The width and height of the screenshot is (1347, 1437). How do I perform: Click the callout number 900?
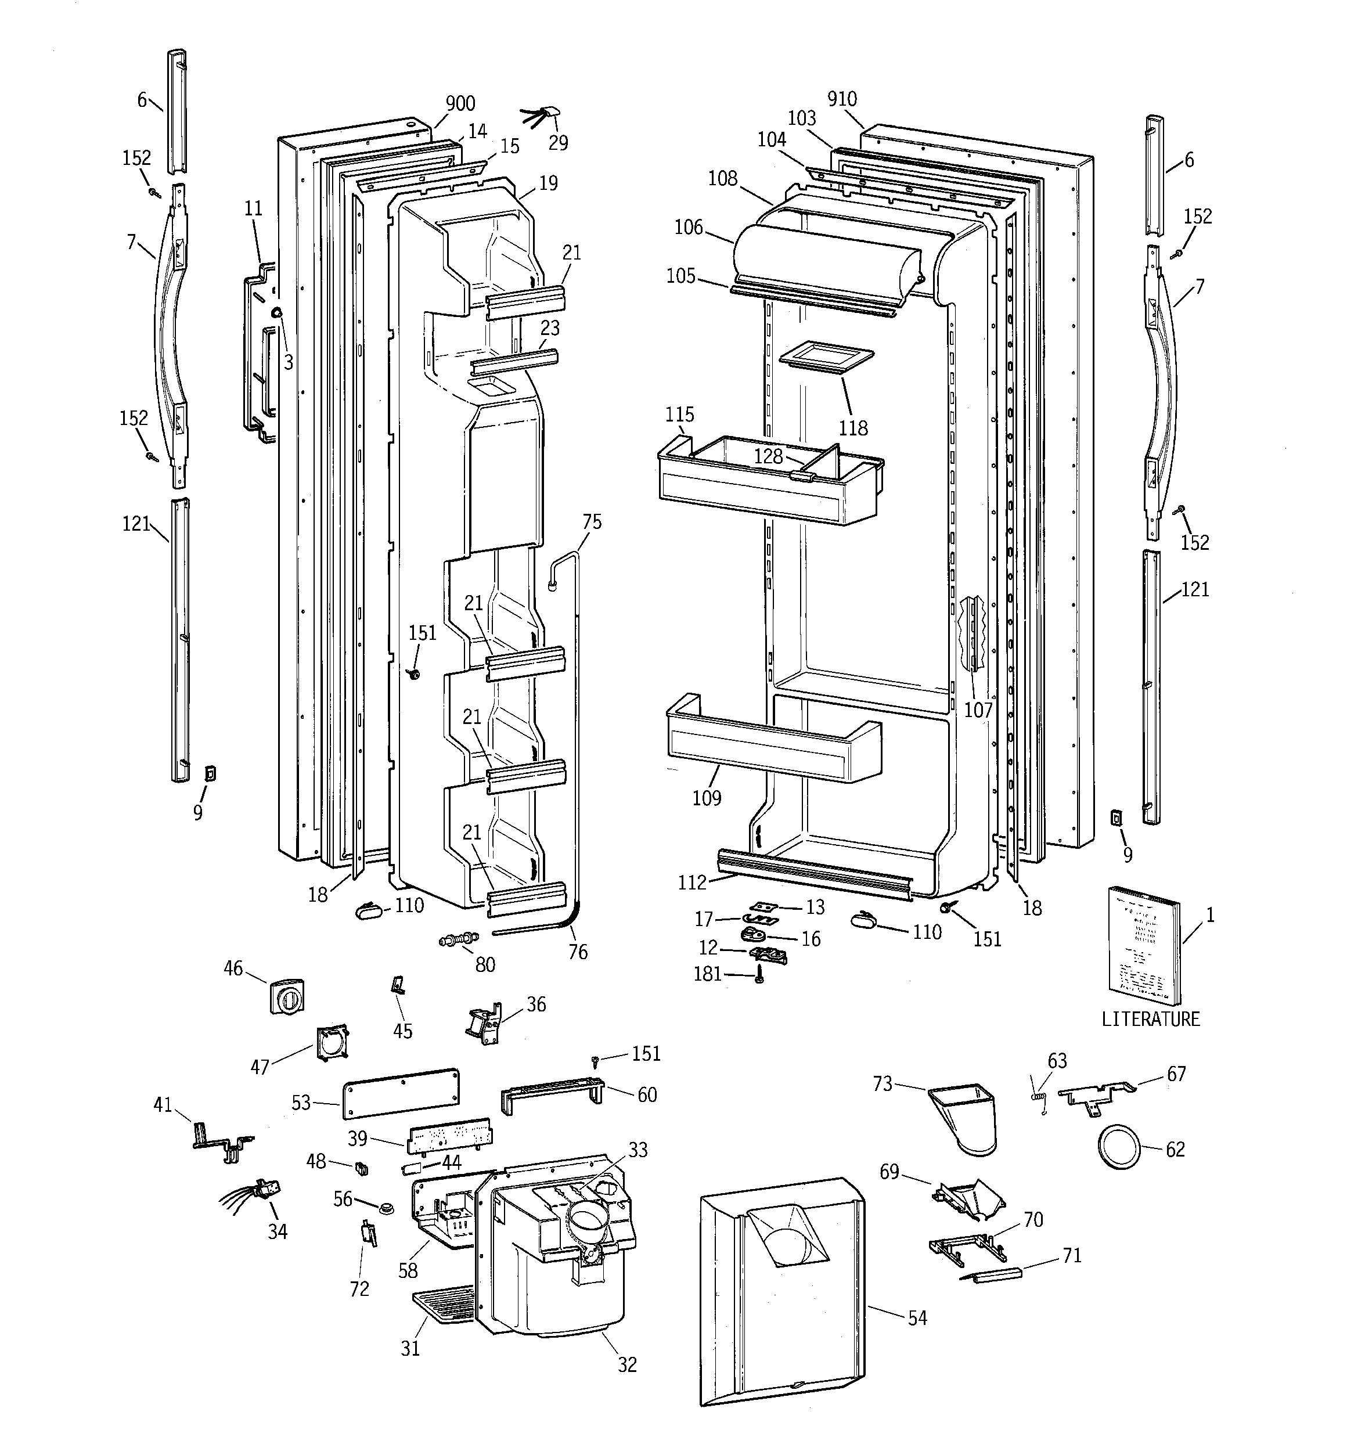click(x=460, y=103)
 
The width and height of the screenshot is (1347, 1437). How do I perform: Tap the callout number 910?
click(x=842, y=99)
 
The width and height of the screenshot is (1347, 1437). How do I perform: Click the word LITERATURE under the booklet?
click(x=1150, y=1019)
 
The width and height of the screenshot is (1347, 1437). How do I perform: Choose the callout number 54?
click(x=917, y=1318)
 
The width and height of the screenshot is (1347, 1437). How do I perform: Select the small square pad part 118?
click(x=826, y=359)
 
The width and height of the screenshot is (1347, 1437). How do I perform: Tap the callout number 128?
click(x=768, y=456)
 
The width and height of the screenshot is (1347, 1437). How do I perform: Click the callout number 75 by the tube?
click(x=592, y=522)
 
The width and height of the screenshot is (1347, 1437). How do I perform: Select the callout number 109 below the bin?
click(x=707, y=798)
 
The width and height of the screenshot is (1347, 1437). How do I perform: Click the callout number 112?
click(x=691, y=882)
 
